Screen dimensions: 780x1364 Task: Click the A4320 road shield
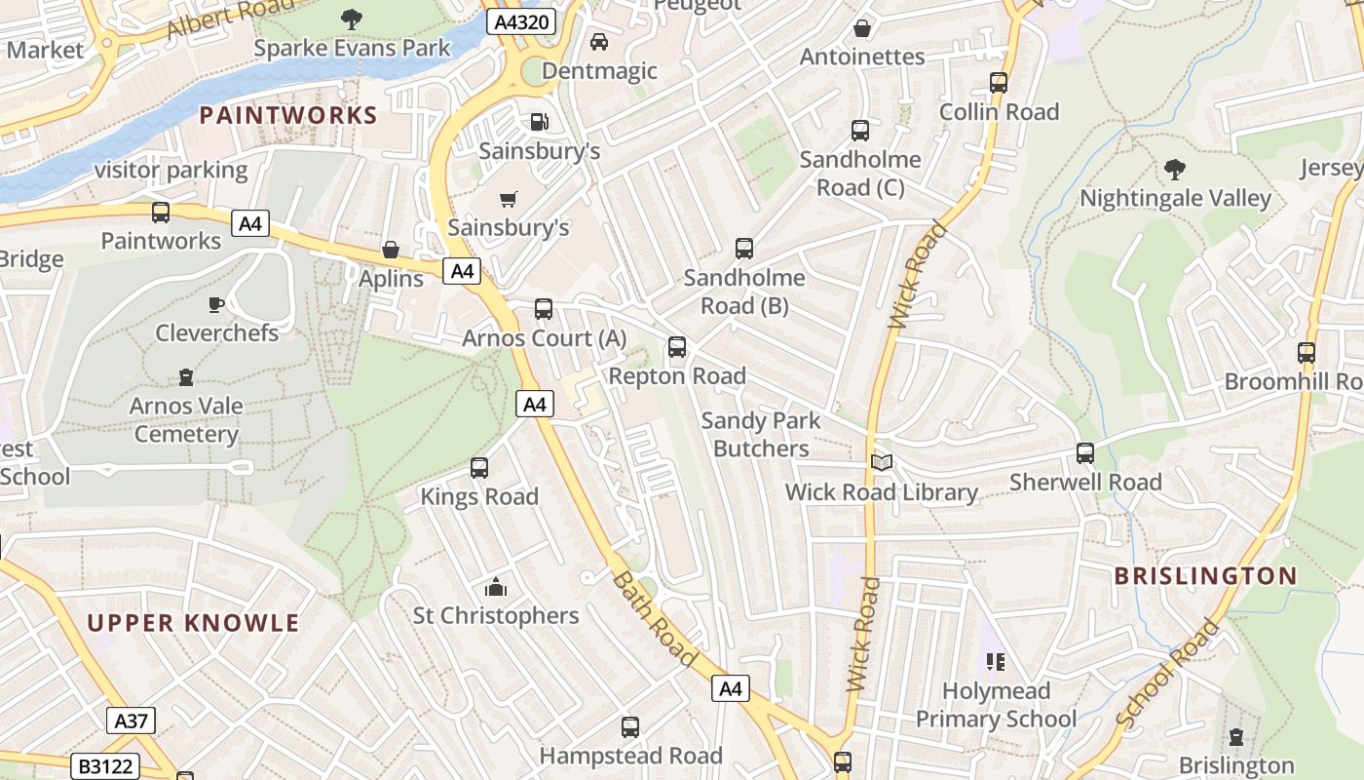pos(520,21)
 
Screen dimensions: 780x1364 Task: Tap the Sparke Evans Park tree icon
pos(351,19)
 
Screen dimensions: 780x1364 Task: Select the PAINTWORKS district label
pos(288,116)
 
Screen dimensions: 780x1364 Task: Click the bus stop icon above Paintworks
pos(161,212)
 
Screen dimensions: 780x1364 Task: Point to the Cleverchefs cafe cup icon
pos(216,305)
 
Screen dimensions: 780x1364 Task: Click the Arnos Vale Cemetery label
pos(186,420)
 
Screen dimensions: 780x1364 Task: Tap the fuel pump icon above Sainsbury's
pos(539,122)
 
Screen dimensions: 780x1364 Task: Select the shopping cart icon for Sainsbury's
pos(508,200)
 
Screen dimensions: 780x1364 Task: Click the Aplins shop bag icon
pos(391,251)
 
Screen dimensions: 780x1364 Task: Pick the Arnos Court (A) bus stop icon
pos(544,309)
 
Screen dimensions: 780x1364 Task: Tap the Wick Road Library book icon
pos(882,462)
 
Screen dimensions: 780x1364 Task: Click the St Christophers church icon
pos(496,587)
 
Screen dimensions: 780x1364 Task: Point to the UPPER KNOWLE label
pos(194,623)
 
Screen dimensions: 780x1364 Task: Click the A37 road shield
pos(131,721)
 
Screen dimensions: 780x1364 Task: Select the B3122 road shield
pos(105,766)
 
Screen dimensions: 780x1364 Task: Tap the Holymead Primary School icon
pos(996,663)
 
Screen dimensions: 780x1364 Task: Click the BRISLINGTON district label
pos(1205,576)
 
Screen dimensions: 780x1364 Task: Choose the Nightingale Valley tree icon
pos(1175,170)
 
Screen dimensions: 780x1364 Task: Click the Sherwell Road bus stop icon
pos(1085,453)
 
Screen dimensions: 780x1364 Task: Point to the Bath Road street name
pos(655,619)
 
